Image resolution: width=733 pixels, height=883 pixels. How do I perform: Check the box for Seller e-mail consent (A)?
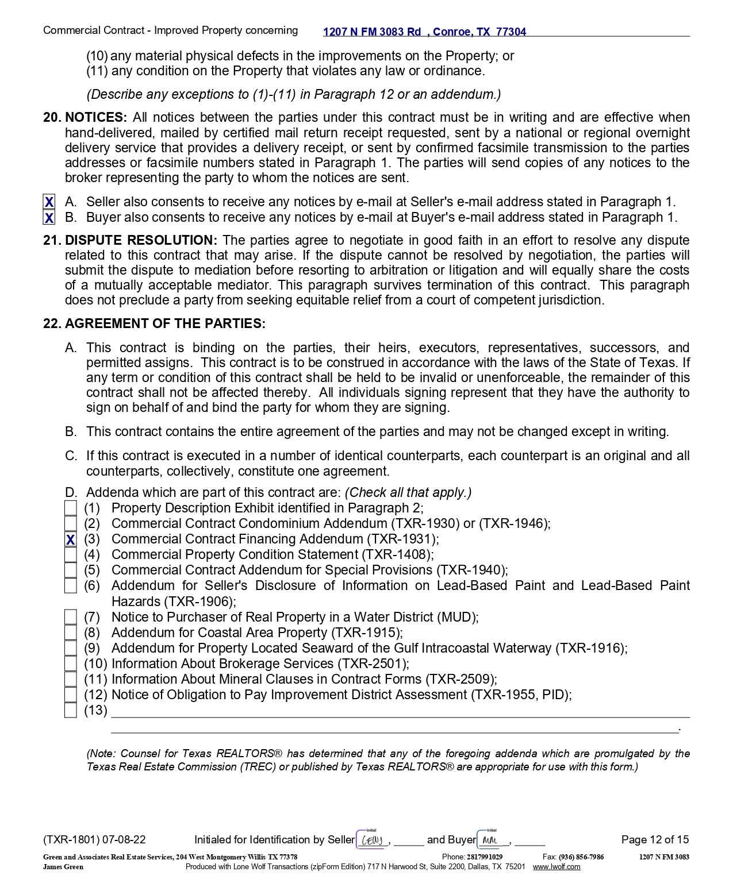49,202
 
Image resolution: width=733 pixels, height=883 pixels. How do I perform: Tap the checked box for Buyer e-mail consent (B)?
49,218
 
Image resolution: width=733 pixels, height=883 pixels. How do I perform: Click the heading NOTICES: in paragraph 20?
95,118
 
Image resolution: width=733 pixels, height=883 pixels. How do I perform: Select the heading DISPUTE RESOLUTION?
141,240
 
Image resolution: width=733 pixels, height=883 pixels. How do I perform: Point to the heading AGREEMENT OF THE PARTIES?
165,324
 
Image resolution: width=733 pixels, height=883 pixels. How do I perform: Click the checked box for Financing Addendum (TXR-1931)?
70,540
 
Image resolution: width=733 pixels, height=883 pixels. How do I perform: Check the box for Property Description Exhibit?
70,508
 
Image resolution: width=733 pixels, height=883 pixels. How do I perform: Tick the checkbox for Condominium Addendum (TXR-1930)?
70,524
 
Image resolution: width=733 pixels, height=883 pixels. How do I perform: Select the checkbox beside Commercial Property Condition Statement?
70,555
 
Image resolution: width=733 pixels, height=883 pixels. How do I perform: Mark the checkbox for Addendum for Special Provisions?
70,570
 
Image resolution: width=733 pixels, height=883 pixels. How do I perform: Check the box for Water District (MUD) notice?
70,618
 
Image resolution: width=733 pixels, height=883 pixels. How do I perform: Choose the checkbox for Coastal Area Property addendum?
70,633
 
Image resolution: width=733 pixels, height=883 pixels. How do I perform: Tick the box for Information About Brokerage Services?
70,664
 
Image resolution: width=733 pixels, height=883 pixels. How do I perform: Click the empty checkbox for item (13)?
70,711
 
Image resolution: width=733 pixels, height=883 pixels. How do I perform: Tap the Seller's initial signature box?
372,840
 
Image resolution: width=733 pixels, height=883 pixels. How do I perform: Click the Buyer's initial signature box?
492,840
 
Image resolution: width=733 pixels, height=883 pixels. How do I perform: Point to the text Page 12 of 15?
655,840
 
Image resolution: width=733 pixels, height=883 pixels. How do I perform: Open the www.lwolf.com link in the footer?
556,867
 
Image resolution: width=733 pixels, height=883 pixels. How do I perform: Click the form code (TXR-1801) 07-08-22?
94,840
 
